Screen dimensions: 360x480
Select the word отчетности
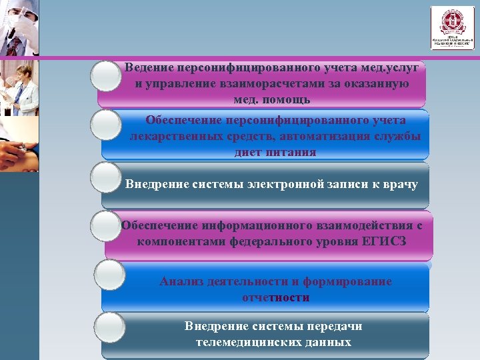click(x=275, y=297)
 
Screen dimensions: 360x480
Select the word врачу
click(x=400, y=184)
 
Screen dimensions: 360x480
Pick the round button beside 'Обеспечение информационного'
click(x=107, y=227)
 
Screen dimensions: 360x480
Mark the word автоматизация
click(x=323, y=136)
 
